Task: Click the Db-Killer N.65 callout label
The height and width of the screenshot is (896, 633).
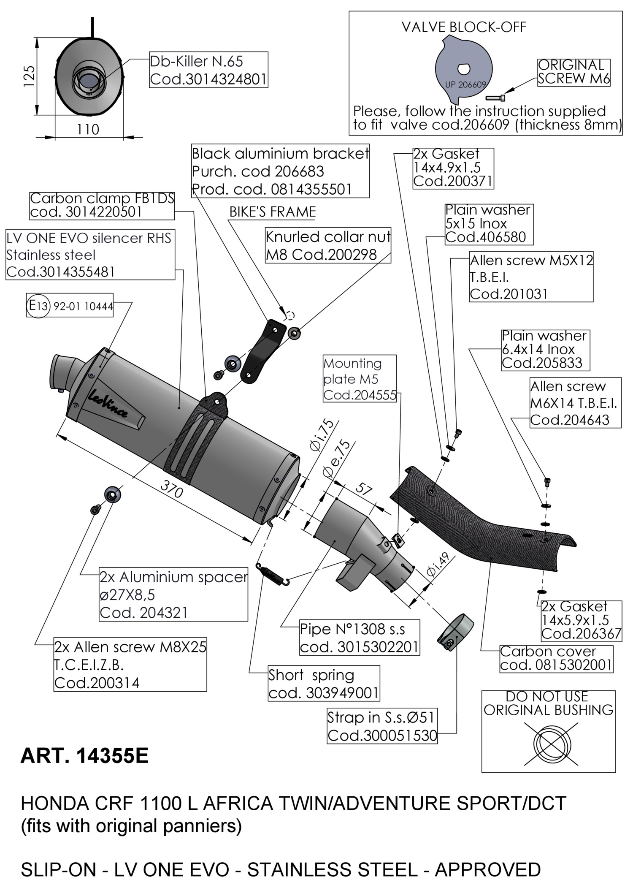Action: [x=208, y=70]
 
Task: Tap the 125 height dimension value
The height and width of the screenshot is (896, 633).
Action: [x=29, y=76]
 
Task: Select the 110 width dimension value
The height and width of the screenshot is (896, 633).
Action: [x=88, y=129]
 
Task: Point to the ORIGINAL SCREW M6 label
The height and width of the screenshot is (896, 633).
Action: [x=573, y=72]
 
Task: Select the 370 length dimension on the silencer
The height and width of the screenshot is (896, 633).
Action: [x=171, y=489]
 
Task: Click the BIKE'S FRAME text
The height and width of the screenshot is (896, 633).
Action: [x=273, y=212]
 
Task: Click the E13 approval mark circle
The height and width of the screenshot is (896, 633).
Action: [x=38, y=306]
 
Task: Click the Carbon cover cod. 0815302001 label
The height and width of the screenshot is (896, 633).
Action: [x=556, y=658]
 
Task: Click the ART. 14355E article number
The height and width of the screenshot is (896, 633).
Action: [x=84, y=756]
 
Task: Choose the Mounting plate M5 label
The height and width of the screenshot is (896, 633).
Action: [x=360, y=379]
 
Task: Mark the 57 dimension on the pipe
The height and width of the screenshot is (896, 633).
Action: [x=364, y=490]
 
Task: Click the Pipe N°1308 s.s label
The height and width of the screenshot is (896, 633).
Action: [x=360, y=638]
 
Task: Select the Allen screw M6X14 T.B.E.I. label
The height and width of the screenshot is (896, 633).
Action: [x=575, y=403]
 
